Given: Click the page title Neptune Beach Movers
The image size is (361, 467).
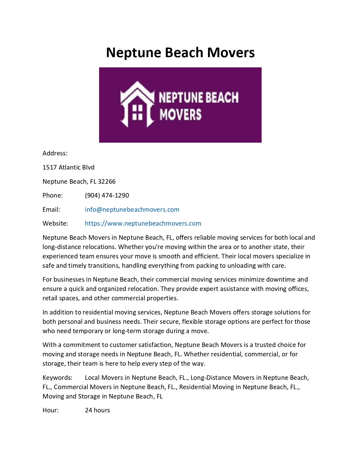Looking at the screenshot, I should pyautogui.click(x=180, y=53).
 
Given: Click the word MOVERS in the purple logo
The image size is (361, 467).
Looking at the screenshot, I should pyautogui.click(x=180, y=115).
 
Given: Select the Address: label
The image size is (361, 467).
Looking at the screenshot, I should pyautogui.click(x=55, y=153).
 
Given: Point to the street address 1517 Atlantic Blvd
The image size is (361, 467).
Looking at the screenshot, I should pyautogui.click(x=69, y=167).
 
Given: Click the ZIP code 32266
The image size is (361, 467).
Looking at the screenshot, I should pyautogui.click(x=107, y=181).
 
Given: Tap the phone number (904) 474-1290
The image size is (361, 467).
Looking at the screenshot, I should pyautogui.click(x=107, y=195).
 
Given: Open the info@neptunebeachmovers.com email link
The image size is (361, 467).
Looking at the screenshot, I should pyautogui.click(x=132, y=209).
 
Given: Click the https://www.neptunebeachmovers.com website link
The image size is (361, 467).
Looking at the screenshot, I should pyautogui.click(x=143, y=223).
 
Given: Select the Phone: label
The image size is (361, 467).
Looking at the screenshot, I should pyautogui.click(x=53, y=195).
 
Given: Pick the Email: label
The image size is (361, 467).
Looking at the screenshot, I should pyautogui.click(x=51, y=209).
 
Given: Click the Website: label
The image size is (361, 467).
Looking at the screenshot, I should pyautogui.click(x=55, y=223).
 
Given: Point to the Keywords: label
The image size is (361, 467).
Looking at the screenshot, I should pyautogui.click(x=57, y=378).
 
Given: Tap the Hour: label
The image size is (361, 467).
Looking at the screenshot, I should pyautogui.click(x=51, y=410).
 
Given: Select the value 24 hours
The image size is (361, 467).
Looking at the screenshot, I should pyautogui.click(x=97, y=410).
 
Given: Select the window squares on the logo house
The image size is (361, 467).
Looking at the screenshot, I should pyautogui.click(x=137, y=112).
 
